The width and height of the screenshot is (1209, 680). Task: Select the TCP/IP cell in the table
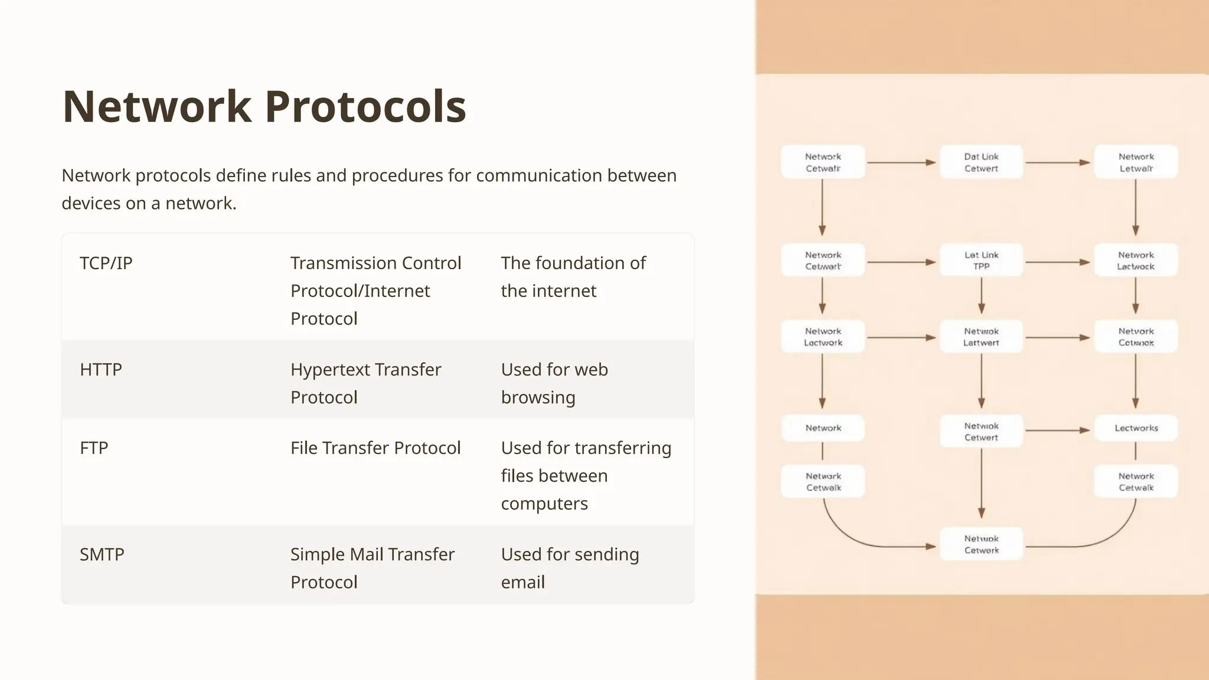[106, 263]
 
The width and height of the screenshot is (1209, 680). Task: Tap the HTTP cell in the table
[101, 370]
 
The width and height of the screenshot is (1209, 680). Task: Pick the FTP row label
[94, 448]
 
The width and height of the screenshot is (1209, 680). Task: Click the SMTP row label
[102, 554]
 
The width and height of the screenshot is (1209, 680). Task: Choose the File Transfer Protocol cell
[375, 448]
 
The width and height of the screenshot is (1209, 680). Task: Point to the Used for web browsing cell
[554, 383]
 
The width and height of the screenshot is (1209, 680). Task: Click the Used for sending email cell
[570, 568]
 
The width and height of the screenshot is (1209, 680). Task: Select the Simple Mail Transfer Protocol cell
[372, 568]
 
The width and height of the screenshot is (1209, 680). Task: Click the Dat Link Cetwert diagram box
[981, 162]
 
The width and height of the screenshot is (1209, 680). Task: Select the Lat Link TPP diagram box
[981, 261]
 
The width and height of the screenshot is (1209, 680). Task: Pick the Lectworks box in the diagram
[1136, 428]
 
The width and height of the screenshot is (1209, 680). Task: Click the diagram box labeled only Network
[823, 428]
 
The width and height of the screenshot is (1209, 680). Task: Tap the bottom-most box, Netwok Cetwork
[981, 544]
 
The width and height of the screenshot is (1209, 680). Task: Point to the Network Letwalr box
[1136, 162]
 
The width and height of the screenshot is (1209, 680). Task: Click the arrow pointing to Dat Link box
[901, 162]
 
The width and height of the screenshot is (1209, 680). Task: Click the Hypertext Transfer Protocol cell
[365, 383]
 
